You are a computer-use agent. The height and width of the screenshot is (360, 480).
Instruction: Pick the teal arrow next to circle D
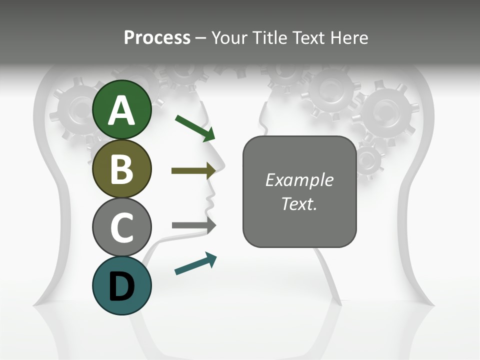pos(195,263)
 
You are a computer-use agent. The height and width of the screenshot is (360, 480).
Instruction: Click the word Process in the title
pos(157,38)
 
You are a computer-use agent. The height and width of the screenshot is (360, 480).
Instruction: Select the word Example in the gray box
pos(299,180)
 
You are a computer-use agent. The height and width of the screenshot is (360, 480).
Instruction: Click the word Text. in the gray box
pos(299,203)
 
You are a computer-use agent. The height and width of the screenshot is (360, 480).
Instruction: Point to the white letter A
pos(122,111)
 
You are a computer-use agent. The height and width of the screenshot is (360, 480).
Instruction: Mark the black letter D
pos(122,287)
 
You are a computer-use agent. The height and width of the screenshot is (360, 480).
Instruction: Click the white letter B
pos(122,169)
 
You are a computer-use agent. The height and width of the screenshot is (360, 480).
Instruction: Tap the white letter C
pos(122,228)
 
